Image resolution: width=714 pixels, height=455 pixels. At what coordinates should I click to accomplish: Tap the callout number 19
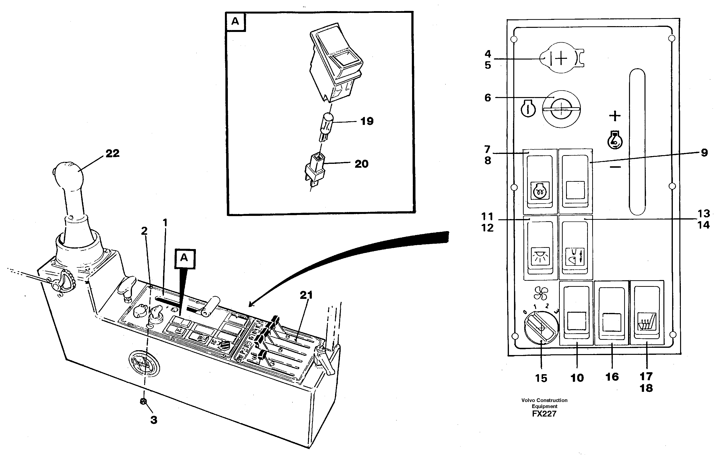(367, 121)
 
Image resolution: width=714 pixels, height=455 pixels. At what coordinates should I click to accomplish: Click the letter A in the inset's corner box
(235, 21)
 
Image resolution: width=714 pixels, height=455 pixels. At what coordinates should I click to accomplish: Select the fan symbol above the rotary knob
(541, 294)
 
